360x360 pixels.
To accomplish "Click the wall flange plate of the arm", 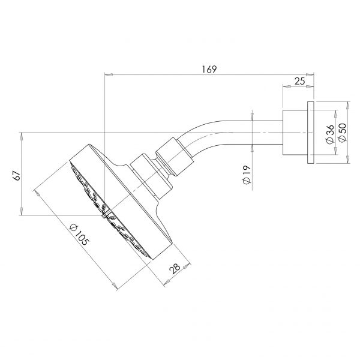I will point(309,133).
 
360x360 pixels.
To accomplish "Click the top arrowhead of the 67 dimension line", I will point(22,134).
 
